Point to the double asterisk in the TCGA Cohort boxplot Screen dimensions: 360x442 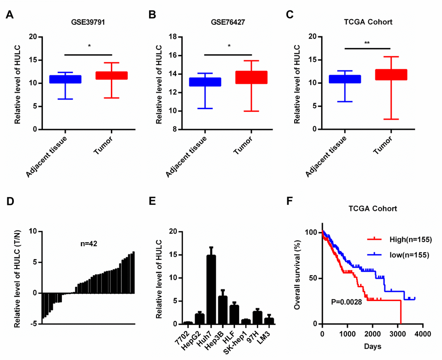pos(367,43)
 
